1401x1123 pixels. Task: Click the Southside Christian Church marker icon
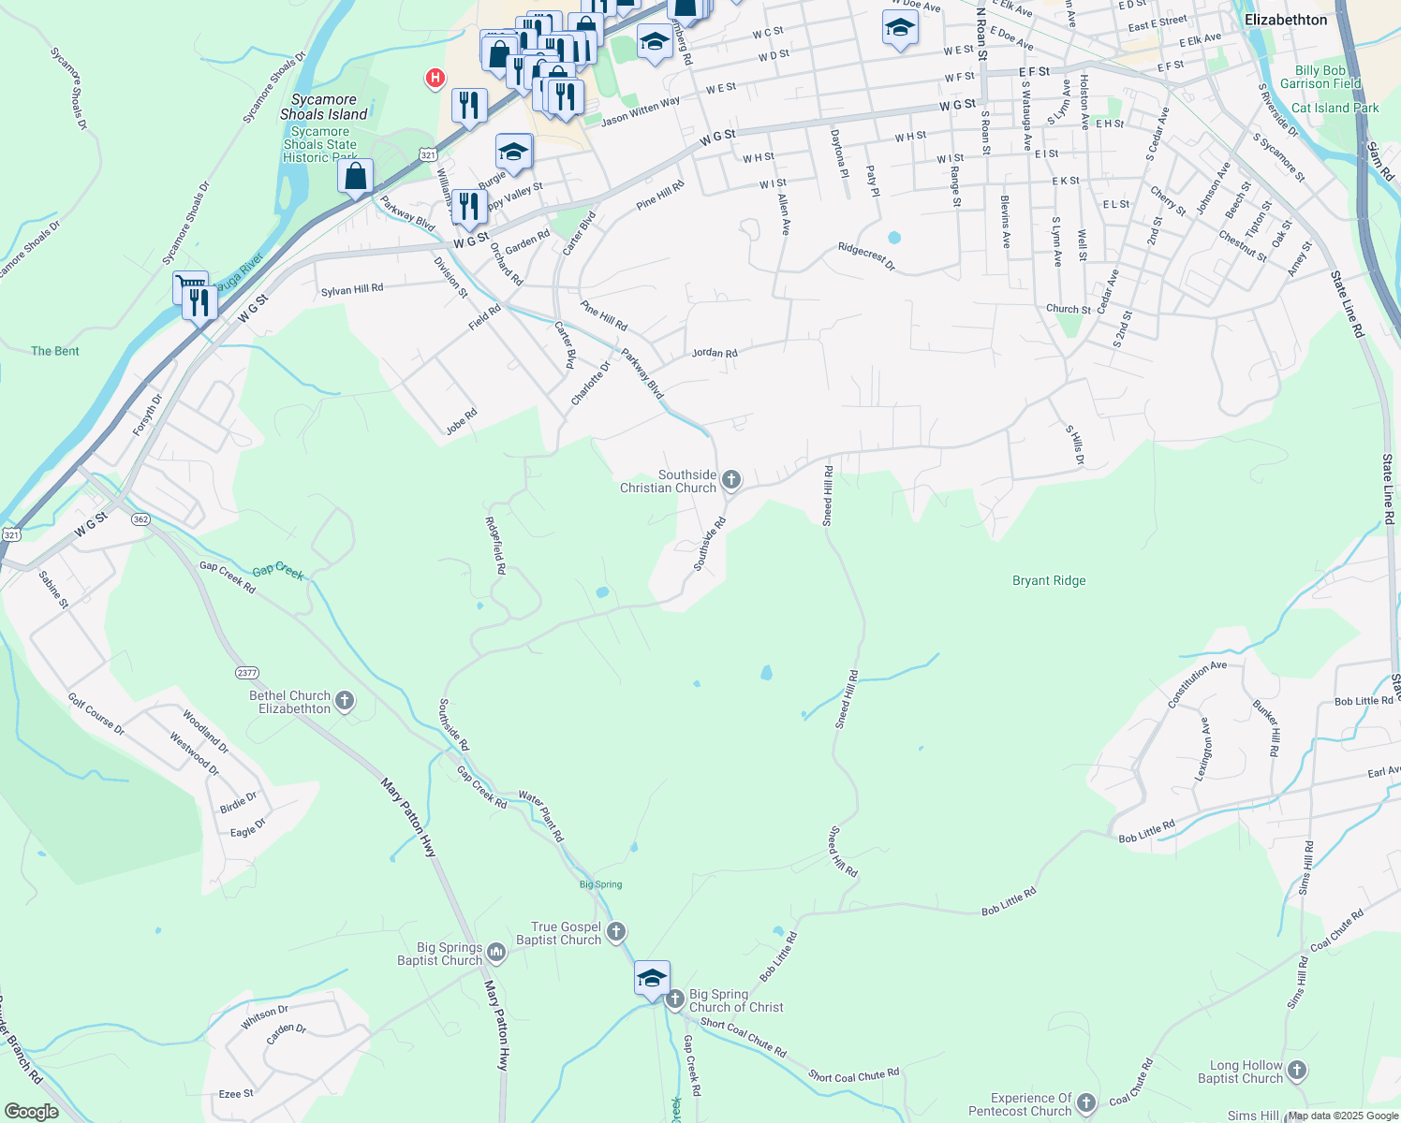tap(731, 480)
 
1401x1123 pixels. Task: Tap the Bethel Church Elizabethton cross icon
tap(345, 701)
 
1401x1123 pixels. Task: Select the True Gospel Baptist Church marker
tap(616, 931)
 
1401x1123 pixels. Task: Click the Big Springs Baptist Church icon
tap(496, 953)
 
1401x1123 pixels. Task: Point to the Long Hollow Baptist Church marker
tap(1297, 1070)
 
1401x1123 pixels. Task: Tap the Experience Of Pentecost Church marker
tap(1086, 1103)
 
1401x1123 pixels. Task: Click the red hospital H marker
tap(435, 79)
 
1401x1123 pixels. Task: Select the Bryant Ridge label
tap(1049, 580)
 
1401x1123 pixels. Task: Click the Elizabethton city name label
tap(1286, 20)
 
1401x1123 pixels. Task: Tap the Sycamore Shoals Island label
tap(324, 107)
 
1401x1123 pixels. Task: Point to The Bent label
tap(55, 351)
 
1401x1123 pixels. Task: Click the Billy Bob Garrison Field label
tap(1320, 77)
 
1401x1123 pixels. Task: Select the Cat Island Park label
tap(1335, 108)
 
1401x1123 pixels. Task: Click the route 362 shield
tap(140, 519)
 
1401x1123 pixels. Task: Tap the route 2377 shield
tap(247, 673)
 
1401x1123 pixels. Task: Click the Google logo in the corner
tap(31, 1112)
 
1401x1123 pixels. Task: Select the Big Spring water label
tap(600, 884)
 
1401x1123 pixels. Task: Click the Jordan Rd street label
tap(715, 353)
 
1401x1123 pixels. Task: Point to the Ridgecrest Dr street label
tap(866, 255)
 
